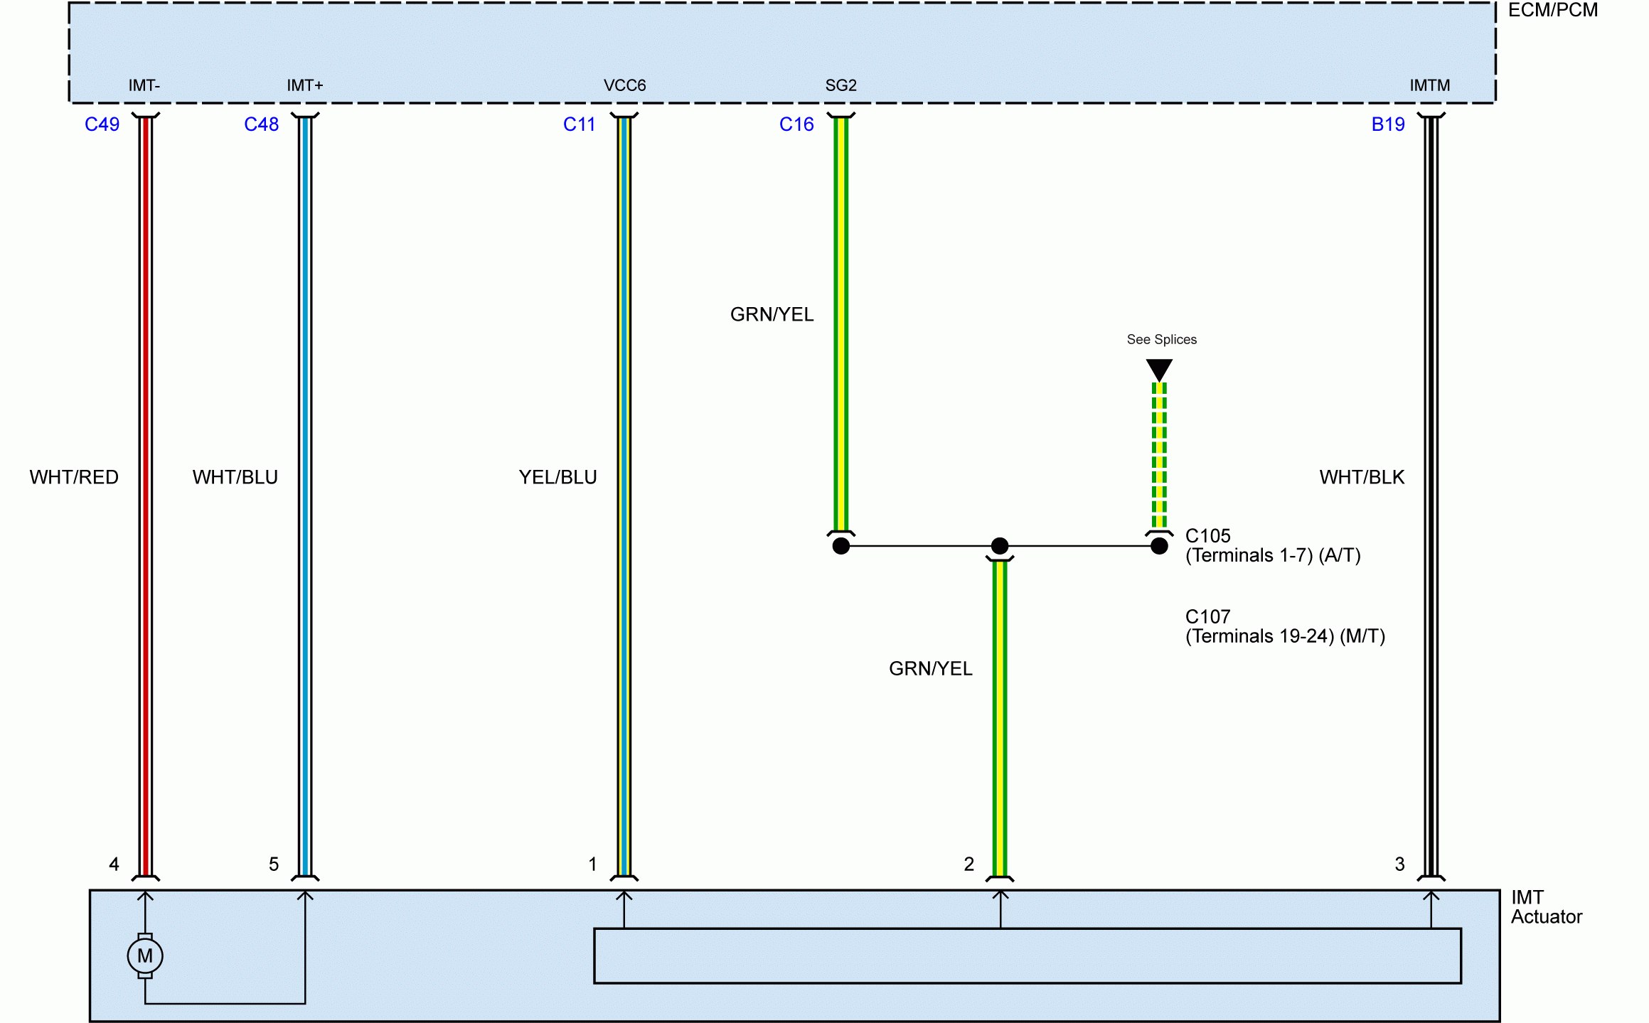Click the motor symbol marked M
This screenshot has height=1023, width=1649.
tap(145, 955)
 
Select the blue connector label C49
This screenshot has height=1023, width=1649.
tap(102, 124)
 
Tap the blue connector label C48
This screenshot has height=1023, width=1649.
tap(261, 124)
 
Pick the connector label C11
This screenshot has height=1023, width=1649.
tap(579, 124)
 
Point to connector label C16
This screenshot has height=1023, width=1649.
tap(796, 124)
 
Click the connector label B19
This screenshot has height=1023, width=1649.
tap(1388, 124)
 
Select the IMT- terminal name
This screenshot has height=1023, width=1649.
tap(144, 85)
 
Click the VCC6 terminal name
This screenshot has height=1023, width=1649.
tap(624, 85)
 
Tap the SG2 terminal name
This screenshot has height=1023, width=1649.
tap(840, 85)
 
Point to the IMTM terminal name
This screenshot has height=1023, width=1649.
tap(1430, 85)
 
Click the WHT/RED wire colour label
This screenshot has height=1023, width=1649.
tap(74, 477)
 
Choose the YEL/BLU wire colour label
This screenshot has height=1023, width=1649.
tap(557, 477)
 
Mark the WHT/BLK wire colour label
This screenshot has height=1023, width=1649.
tap(1362, 477)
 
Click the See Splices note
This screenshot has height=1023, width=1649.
tap(1161, 340)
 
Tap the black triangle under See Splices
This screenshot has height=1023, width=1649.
tap(1159, 369)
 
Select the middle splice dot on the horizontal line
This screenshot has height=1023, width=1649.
tap(1000, 546)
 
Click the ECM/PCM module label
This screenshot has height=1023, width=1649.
tap(1552, 10)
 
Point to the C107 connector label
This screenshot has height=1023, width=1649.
tap(1207, 616)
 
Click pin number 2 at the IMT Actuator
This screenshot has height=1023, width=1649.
tap(968, 864)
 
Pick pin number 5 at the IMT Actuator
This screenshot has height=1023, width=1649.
tap(274, 864)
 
